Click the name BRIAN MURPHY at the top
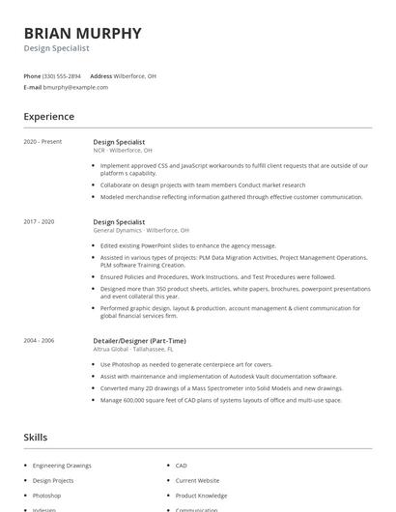(x=82, y=33)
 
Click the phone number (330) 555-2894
(x=63, y=75)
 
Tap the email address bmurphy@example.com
(x=75, y=87)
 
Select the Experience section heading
(x=48, y=117)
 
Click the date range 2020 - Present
(x=42, y=141)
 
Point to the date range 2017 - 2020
(x=39, y=221)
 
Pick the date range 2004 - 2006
(x=39, y=340)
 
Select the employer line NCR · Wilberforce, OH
(x=123, y=151)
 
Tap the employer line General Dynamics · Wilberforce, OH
(x=141, y=231)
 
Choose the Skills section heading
(x=35, y=438)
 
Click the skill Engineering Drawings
(x=62, y=466)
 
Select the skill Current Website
(x=197, y=480)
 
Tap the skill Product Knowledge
(x=201, y=495)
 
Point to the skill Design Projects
(x=53, y=480)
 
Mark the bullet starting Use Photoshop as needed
(x=180, y=364)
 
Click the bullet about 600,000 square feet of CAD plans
(x=220, y=399)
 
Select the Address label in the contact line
(x=100, y=75)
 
